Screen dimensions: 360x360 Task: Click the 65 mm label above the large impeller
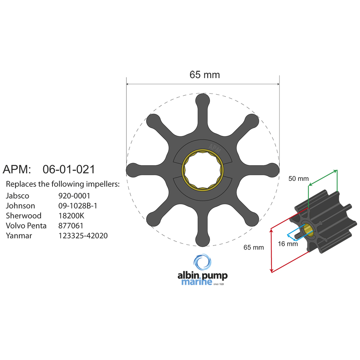[x=204, y=75]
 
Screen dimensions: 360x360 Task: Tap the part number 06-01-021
[x=68, y=169]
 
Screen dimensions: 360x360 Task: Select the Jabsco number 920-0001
[x=74, y=196]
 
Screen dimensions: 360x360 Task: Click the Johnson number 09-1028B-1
[x=78, y=206]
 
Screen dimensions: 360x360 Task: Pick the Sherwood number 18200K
[x=73, y=216]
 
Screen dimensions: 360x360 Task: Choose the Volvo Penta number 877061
[x=71, y=226]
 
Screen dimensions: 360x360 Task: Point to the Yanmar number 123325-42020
[x=83, y=236]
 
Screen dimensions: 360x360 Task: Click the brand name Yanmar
[x=18, y=236]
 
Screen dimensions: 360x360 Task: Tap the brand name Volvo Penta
[x=26, y=226]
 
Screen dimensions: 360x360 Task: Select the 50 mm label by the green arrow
[x=298, y=179]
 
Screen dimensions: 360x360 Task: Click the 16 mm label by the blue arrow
[x=288, y=244]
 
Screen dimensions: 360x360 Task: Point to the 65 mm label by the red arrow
[x=253, y=247]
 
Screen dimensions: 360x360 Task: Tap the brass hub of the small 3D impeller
[x=308, y=230]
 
